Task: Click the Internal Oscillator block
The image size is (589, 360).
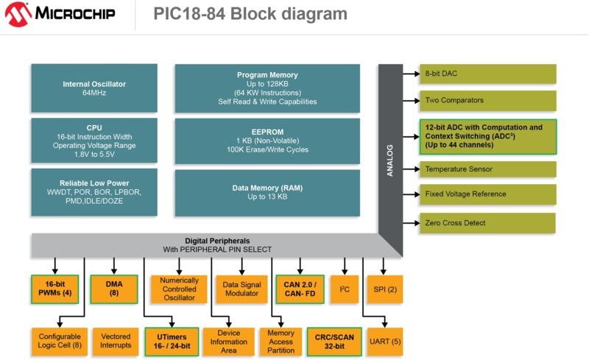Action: [94, 88]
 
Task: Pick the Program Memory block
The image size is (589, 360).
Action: [267, 88]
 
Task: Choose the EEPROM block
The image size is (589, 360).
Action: [267, 140]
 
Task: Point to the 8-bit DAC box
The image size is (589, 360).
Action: [487, 74]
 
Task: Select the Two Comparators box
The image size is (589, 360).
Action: [487, 99]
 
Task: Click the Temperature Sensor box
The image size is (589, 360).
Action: [487, 169]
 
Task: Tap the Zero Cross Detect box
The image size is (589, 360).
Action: [487, 222]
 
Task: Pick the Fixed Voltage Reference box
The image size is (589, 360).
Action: [487, 194]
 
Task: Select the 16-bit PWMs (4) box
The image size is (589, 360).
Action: [55, 289]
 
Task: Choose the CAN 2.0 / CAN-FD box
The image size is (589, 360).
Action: [299, 289]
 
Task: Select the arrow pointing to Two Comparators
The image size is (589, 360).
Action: [409, 99]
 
